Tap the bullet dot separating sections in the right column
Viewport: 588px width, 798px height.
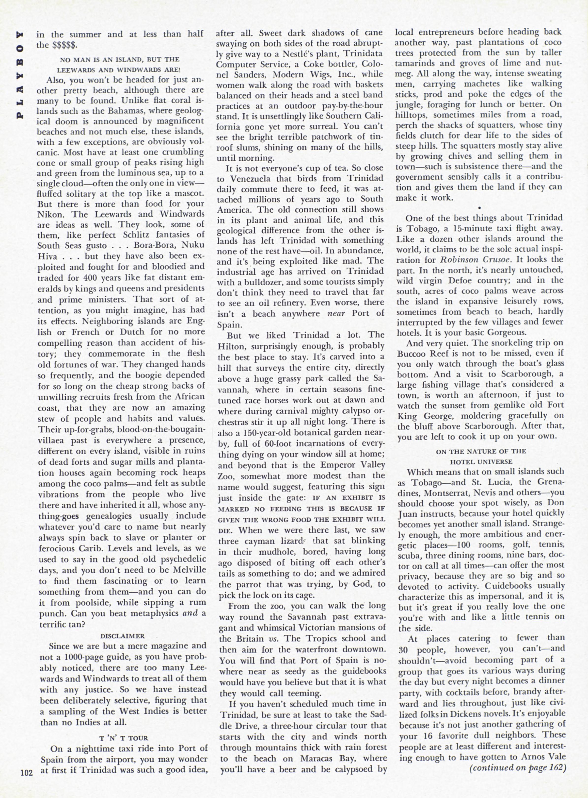point(480,207)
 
